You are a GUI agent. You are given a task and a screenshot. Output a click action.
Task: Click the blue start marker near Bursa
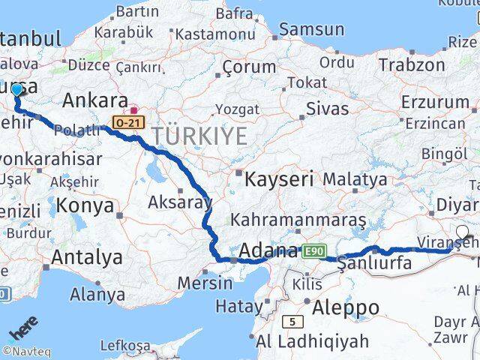click(x=17, y=90)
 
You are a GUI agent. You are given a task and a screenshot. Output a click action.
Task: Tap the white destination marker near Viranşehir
click(x=462, y=232)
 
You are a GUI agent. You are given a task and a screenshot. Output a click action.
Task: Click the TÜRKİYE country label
click(x=199, y=136)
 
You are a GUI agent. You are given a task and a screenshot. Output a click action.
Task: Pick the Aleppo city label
click(x=347, y=307)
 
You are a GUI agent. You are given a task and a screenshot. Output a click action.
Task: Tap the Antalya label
click(x=87, y=257)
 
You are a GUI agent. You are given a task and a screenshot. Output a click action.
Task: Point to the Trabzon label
click(x=412, y=65)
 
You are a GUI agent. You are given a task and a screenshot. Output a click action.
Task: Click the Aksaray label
click(x=179, y=202)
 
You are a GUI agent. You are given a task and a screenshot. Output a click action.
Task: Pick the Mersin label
click(x=205, y=283)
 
